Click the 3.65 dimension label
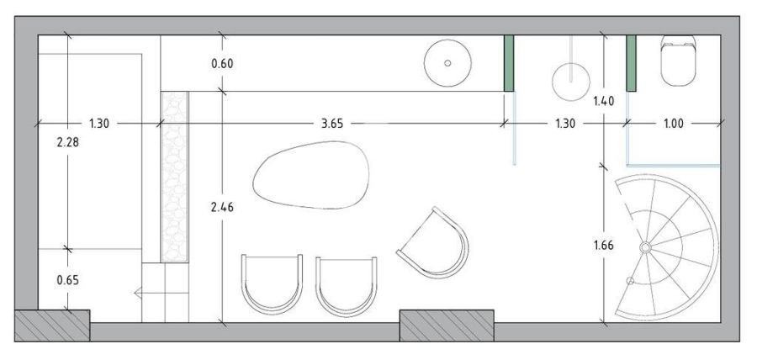331,124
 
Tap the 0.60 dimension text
222,63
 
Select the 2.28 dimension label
67,142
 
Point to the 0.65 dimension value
67,280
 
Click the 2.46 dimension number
222,207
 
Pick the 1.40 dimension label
603,101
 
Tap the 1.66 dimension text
603,245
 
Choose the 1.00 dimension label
674,124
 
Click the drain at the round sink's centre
447,63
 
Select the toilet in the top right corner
678,61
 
